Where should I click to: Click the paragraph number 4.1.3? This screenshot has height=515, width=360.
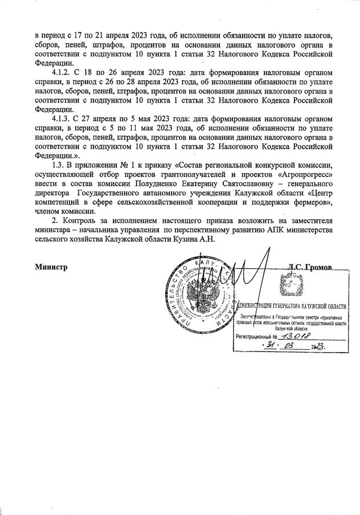pos(62,118)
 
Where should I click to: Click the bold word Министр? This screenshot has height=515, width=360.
pos(51,267)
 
